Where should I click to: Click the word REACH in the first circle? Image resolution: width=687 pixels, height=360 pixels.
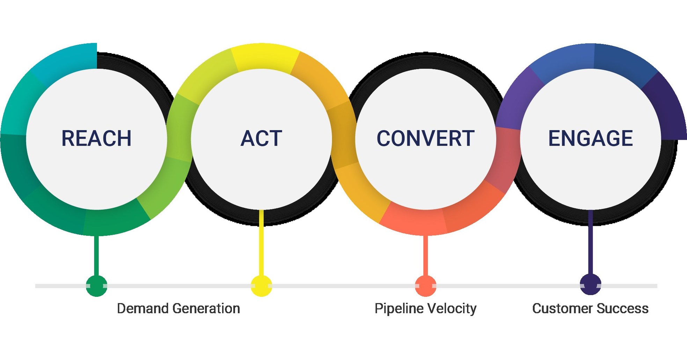tap(96, 138)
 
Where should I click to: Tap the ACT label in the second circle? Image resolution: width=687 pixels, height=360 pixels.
tap(261, 138)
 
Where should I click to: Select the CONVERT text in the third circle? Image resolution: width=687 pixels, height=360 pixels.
tap(425, 138)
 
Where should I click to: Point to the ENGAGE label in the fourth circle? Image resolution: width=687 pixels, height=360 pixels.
tap(590, 138)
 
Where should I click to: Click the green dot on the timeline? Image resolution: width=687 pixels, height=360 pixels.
tap(96, 286)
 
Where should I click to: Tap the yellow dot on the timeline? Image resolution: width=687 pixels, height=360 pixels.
tap(261, 286)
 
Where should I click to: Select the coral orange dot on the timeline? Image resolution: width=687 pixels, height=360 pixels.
tap(425, 286)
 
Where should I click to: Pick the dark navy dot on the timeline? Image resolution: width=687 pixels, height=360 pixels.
tap(590, 285)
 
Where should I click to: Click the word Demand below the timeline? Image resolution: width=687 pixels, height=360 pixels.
tap(143, 309)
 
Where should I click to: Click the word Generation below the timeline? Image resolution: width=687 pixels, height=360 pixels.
tap(206, 309)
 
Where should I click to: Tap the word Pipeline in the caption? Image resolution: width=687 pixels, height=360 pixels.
tap(399, 309)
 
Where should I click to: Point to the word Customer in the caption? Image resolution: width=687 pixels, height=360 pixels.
tap(562, 309)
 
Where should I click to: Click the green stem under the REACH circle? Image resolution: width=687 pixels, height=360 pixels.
tap(97, 255)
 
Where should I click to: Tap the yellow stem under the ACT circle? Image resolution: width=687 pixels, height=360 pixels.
tap(261, 244)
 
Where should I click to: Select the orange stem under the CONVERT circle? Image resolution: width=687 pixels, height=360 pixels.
tap(425, 255)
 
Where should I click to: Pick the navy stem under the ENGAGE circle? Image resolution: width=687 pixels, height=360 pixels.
tap(590, 244)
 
